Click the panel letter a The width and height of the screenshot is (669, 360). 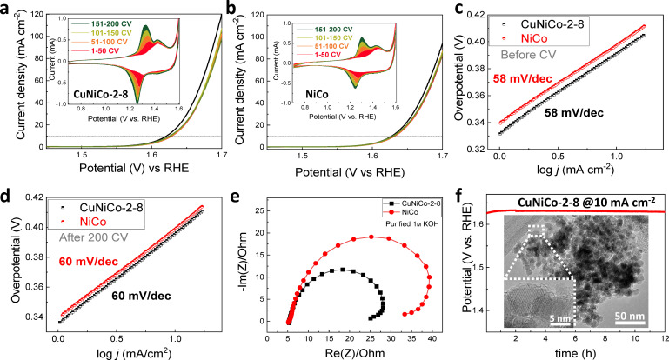7,8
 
